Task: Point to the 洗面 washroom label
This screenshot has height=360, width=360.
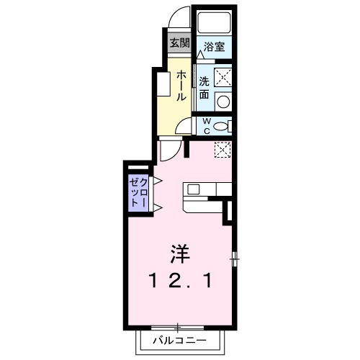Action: click(x=204, y=86)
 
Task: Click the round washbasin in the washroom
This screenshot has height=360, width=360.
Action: click(x=224, y=101)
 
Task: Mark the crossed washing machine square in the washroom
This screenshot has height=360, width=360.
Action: click(x=224, y=74)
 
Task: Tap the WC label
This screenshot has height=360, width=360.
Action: click(x=205, y=126)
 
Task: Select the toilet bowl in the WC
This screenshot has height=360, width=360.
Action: click(x=223, y=126)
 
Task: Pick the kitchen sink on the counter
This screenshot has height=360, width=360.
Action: click(x=194, y=190)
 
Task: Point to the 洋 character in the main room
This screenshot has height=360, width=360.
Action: click(x=180, y=253)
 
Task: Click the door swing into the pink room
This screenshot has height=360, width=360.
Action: click(x=169, y=150)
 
